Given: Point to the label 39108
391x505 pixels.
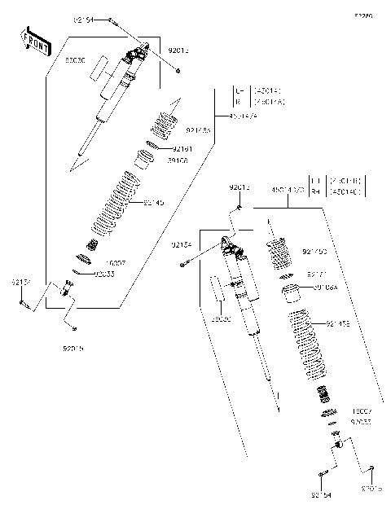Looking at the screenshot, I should tap(178, 161).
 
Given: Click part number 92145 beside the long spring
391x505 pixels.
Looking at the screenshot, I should tap(154, 202).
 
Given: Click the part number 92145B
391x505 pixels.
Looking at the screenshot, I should tap(337, 324).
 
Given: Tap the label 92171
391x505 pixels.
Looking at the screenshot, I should tap(317, 275).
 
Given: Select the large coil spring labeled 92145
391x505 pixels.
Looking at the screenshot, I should tap(113, 200).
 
